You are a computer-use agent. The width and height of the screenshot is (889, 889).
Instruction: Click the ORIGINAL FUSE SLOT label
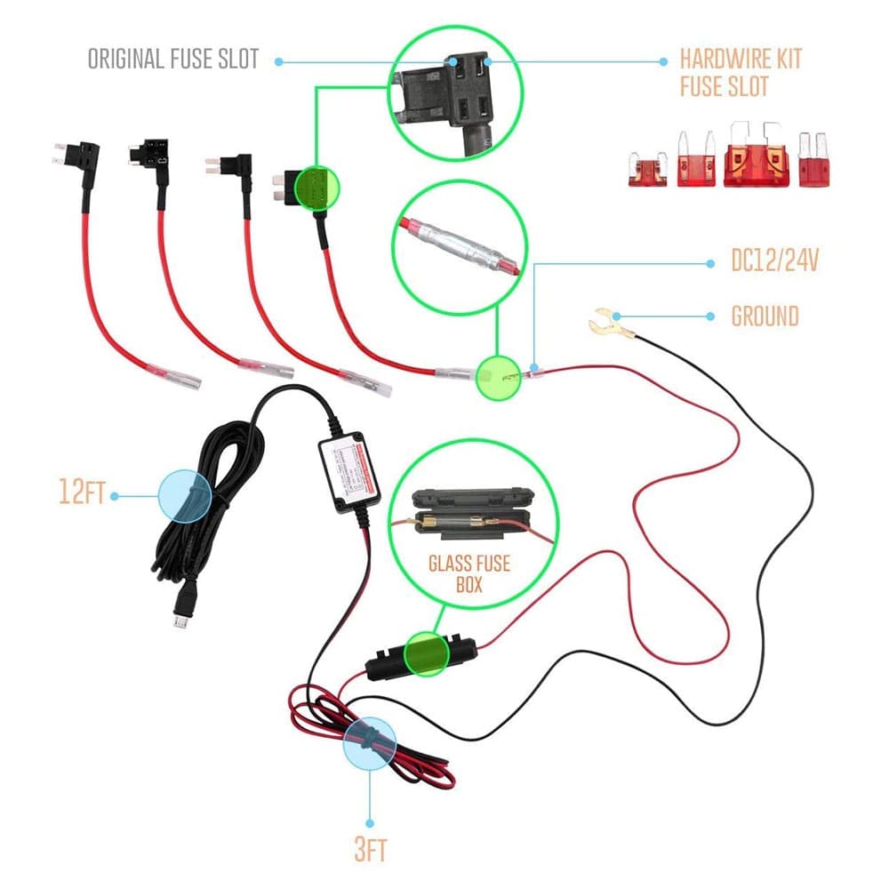(173, 60)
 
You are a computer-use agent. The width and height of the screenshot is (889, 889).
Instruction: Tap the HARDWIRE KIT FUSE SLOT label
(740, 73)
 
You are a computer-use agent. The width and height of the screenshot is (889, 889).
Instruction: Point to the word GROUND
(765, 316)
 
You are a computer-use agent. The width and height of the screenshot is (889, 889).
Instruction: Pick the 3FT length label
(370, 851)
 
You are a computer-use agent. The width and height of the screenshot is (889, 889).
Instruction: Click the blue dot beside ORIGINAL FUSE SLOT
(279, 61)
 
